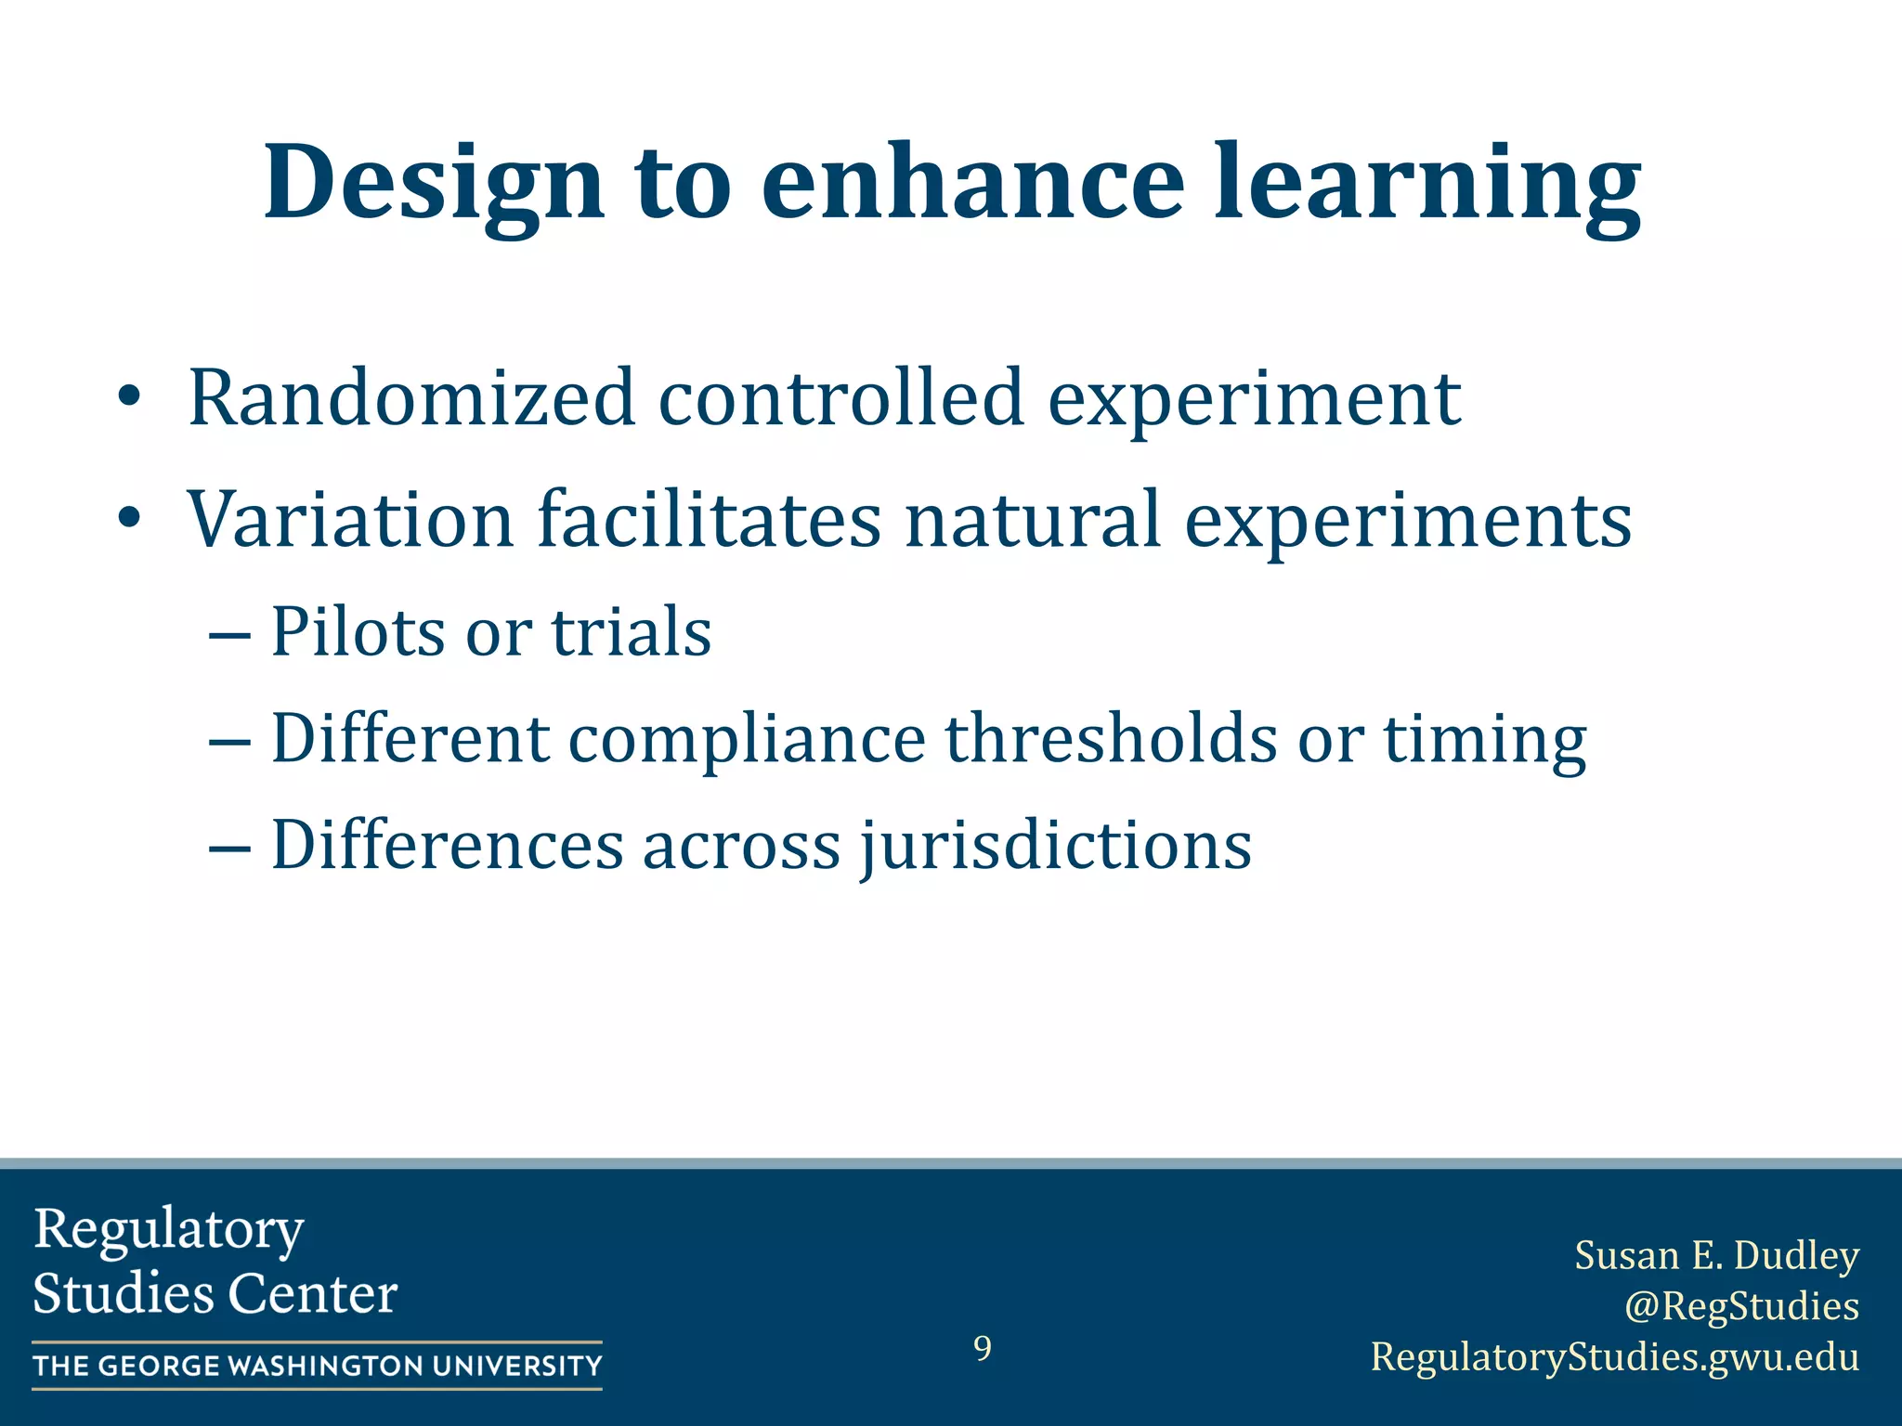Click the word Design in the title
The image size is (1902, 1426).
[x=434, y=184]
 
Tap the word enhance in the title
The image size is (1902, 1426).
[x=972, y=184]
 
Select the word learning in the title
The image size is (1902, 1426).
[x=1427, y=184]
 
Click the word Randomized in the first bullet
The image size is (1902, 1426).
[x=411, y=398]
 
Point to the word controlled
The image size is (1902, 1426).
[x=840, y=398]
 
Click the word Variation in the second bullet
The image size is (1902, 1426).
[x=351, y=520]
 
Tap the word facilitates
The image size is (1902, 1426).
[x=710, y=520]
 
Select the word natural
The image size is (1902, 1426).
[x=1033, y=520]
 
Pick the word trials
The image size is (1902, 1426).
[x=632, y=632]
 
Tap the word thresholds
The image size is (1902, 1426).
[x=1111, y=739]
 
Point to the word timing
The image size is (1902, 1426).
[x=1485, y=741]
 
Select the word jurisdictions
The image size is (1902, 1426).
[x=1055, y=847]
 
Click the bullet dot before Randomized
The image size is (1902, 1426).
[x=129, y=399]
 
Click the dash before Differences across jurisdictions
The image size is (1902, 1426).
[x=229, y=848]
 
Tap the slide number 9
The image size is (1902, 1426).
[x=982, y=1348]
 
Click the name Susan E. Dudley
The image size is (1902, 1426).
[x=1716, y=1256]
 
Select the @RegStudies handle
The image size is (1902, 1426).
[x=1741, y=1306]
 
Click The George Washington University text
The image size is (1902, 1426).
[x=318, y=1366]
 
